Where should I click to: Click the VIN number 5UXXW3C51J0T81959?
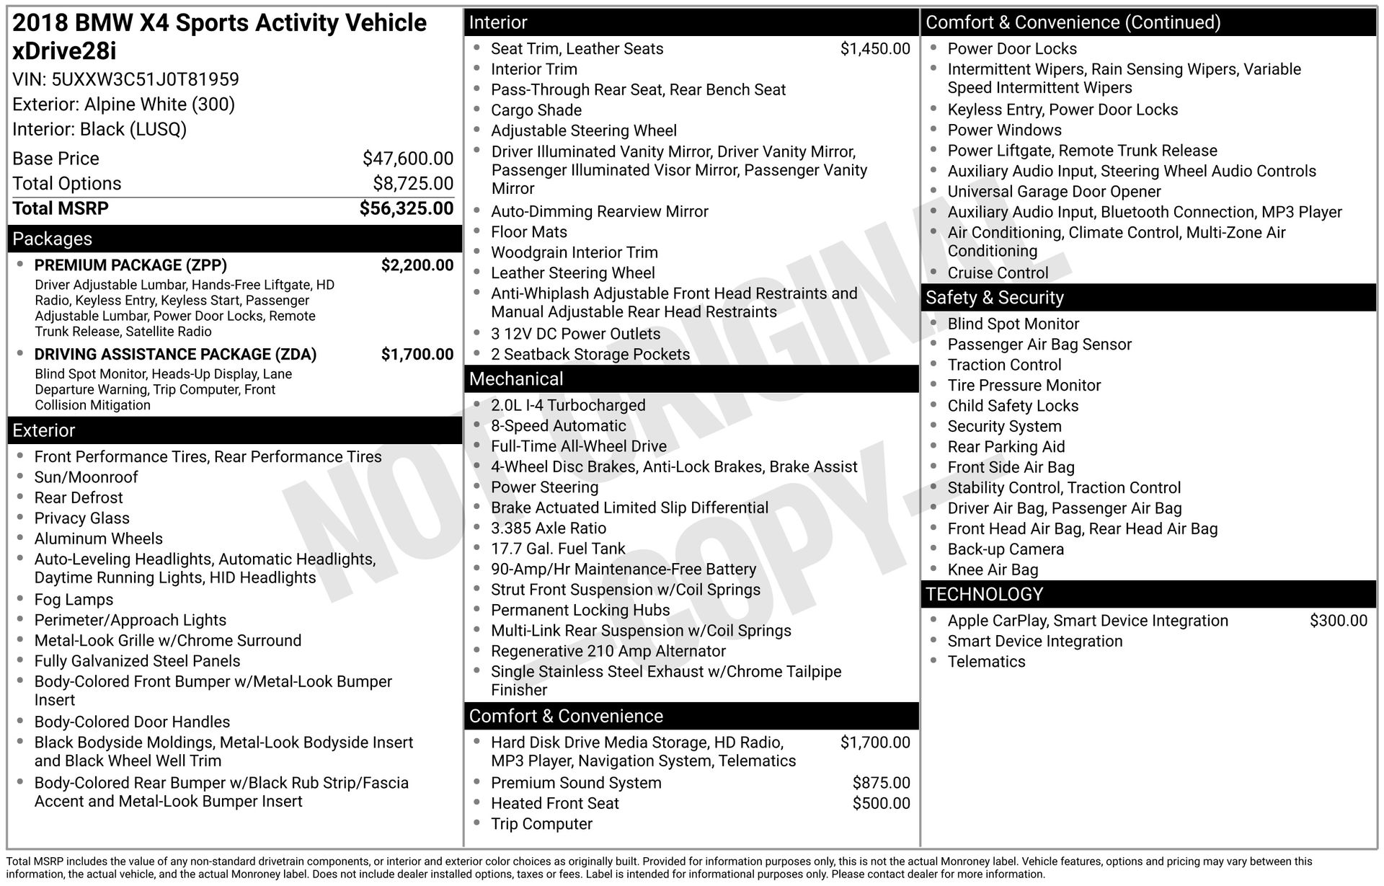click(x=145, y=79)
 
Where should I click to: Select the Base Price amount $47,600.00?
click(x=408, y=159)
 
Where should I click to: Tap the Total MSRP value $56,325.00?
click(x=407, y=209)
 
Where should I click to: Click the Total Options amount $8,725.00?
click(x=413, y=184)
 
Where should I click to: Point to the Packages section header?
click(x=53, y=239)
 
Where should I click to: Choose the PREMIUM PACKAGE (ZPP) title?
click(x=130, y=265)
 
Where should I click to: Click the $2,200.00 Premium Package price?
click(x=417, y=265)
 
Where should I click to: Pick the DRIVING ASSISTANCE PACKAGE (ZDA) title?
click(x=175, y=355)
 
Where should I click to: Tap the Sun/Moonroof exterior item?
click(x=86, y=477)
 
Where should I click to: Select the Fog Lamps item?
click(x=74, y=600)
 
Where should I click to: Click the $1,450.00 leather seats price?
click(x=875, y=49)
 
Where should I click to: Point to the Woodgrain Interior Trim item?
click(x=574, y=253)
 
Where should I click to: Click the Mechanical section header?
click(x=516, y=379)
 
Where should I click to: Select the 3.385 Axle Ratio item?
click(x=548, y=528)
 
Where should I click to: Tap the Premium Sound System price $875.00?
click(x=881, y=783)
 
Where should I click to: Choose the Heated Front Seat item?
click(x=554, y=804)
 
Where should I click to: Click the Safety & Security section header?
click(x=994, y=298)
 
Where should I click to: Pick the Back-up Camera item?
click(x=1005, y=549)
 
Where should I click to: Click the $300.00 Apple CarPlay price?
click(x=1338, y=621)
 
